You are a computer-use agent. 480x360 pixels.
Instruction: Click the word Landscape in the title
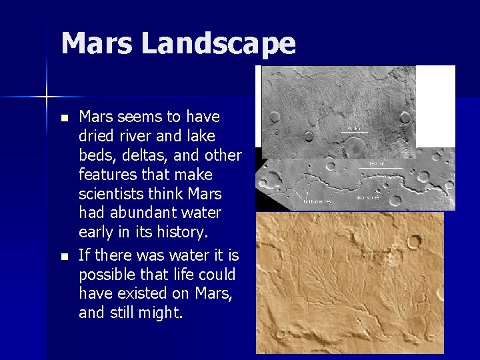point(218,44)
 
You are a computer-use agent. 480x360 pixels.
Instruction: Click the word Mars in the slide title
point(97,44)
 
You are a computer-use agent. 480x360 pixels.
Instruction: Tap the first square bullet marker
point(64,118)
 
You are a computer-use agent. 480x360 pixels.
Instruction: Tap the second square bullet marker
point(64,255)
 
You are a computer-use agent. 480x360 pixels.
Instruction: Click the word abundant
point(142,213)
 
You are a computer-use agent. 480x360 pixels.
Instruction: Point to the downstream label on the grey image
point(368,198)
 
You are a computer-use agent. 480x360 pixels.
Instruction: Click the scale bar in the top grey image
point(354,131)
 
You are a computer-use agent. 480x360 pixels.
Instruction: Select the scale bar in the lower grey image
point(385,167)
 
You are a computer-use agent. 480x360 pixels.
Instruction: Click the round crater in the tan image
point(414,241)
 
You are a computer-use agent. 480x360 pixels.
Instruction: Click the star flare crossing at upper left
point(47,97)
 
